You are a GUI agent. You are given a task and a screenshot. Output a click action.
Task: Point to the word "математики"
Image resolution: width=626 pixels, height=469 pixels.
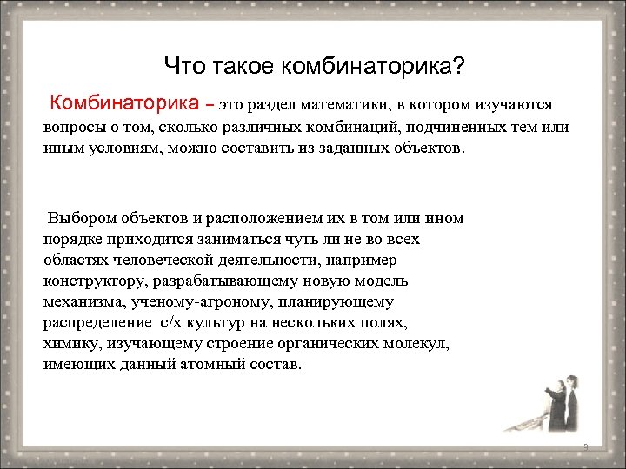pyautogui.click(x=342, y=105)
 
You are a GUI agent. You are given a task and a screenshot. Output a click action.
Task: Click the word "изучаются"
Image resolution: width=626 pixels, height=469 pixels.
pyautogui.click(x=512, y=105)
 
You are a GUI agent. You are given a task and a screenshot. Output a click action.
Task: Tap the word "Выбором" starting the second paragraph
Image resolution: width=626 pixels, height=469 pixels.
pyautogui.click(x=82, y=218)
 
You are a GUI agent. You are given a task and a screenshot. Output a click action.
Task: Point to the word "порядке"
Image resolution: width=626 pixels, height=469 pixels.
pyautogui.click(x=73, y=239)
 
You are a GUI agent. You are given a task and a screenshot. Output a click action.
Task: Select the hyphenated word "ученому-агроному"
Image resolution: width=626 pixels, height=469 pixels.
pyautogui.click(x=199, y=302)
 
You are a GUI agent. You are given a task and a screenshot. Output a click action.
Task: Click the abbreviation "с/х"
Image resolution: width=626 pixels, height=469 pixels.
pyautogui.click(x=169, y=323)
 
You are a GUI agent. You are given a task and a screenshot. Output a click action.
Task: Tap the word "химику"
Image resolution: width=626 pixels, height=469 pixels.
pyautogui.click(x=70, y=344)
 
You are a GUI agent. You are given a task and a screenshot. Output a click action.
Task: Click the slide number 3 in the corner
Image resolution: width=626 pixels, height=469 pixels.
pyautogui.click(x=586, y=447)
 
